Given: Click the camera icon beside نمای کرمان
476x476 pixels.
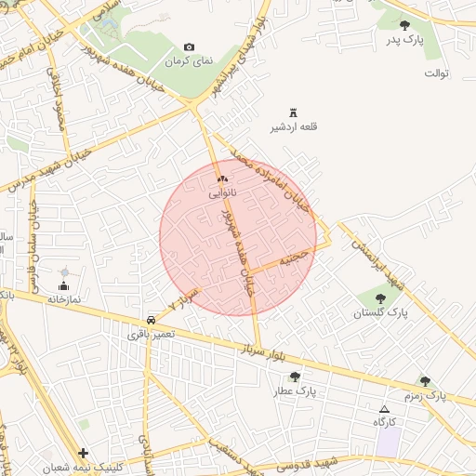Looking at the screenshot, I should click(190, 46).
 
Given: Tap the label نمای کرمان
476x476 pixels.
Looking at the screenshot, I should click(190, 60).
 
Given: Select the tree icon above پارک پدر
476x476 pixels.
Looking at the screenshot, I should click(404, 25).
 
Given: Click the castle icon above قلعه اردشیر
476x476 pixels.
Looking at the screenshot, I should click(294, 112).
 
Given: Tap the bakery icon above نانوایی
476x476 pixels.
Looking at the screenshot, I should click(221, 178).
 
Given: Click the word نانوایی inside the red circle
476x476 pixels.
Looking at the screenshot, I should click(221, 193).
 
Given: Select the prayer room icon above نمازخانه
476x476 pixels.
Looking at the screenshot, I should click(63, 285).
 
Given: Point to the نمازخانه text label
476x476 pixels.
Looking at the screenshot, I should click(64, 299).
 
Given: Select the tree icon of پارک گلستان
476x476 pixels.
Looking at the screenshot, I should click(380, 297).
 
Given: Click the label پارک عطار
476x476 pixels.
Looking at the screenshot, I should click(295, 391).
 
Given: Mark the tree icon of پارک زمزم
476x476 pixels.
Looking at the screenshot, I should click(425, 381).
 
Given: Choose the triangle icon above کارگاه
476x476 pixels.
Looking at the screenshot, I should click(385, 409).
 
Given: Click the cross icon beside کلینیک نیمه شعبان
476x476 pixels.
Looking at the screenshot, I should click(84, 454).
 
